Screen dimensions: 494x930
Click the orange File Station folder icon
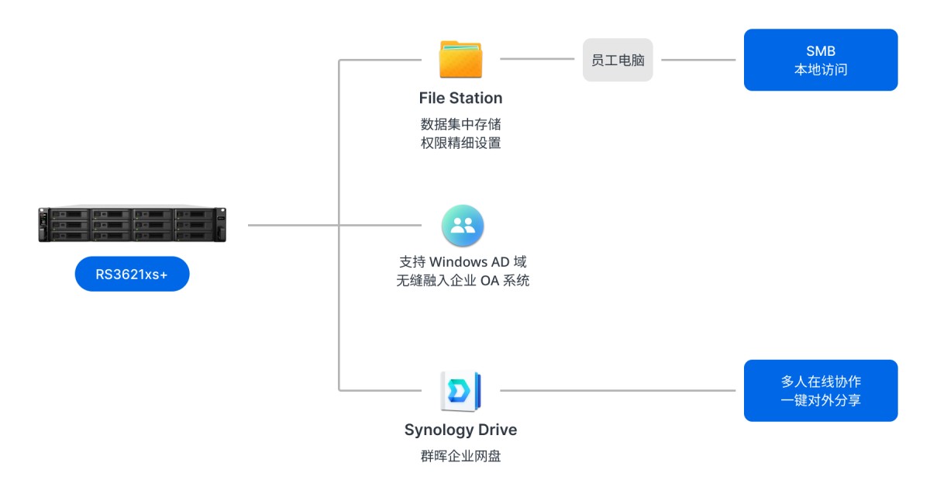pyautogui.click(x=460, y=60)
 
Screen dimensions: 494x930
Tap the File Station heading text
pyautogui.click(x=460, y=98)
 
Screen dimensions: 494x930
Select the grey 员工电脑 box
pyautogui.click(x=618, y=60)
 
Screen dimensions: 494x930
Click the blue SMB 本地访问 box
pyautogui.click(x=820, y=60)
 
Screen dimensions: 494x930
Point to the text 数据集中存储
pyautogui.click(x=460, y=124)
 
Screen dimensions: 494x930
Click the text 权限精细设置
pyautogui.click(x=460, y=143)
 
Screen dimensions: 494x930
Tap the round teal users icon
pyautogui.click(x=463, y=226)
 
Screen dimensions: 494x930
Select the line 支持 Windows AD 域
pyautogui.click(x=463, y=262)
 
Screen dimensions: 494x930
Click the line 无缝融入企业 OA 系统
pyautogui.click(x=463, y=281)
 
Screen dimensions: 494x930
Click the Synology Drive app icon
pyautogui.click(x=460, y=391)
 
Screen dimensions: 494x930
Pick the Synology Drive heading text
pyautogui.click(x=460, y=430)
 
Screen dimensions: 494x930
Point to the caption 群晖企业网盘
pyautogui.click(x=460, y=456)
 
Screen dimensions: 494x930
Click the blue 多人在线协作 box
pyautogui.click(x=820, y=391)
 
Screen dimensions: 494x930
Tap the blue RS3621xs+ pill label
pyautogui.click(x=132, y=274)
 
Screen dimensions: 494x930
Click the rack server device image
pyautogui.click(x=132, y=224)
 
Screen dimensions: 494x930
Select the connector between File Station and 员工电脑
pyautogui.click(x=541, y=59)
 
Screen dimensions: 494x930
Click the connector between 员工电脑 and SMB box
pyautogui.click(x=697, y=60)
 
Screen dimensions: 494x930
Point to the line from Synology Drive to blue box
pyautogui.click(x=616, y=390)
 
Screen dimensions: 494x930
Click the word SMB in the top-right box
pyautogui.click(x=820, y=51)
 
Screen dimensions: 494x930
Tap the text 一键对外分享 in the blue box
pyautogui.click(x=820, y=401)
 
